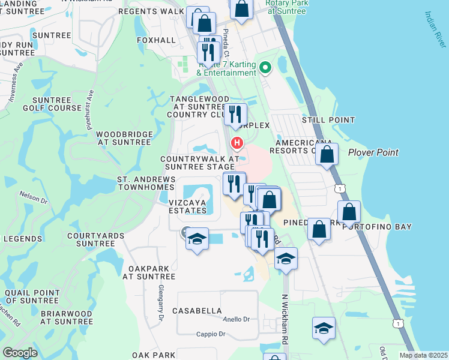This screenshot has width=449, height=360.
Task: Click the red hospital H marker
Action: pos(237,143)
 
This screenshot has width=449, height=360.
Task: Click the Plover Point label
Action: pos(373,152)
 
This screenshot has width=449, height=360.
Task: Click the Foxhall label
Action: pos(155,40)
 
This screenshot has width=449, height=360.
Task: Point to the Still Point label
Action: pos(328,120)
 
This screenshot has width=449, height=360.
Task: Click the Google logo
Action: pos(20,353)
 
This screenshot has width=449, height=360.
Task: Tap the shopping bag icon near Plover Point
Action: pos(327,155)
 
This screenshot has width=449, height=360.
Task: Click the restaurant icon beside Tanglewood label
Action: pos(237,114)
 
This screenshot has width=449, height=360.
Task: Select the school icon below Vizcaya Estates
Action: pos(197,239)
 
